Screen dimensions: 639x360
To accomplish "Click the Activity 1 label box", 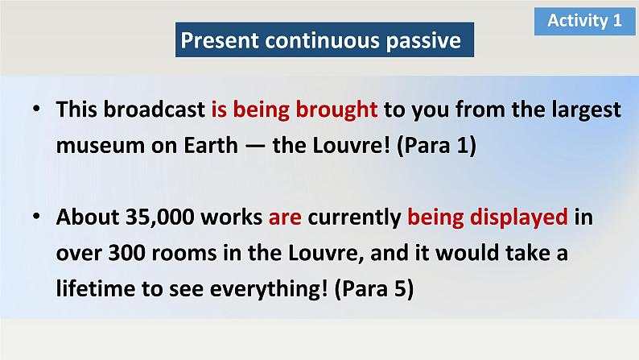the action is (x=584, y=21).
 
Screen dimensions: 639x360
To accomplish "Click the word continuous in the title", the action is (x=323, y=40).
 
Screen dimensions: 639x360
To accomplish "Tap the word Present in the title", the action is (x=220, y=40).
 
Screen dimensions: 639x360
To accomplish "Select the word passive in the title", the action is (x=423, y=41).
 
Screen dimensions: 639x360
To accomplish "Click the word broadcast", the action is (x=154, y=110).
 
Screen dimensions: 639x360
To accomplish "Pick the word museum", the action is (x=101, y=146).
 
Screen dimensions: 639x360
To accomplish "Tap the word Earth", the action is (x=211, y=145).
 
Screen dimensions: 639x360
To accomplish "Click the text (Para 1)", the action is (x=436, y=146).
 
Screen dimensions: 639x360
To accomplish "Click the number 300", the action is (x=126, y=253).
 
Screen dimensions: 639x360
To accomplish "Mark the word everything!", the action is (x=269, y=289).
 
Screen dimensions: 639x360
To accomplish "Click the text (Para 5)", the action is (x=374, y=289).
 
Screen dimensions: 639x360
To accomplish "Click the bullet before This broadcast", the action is (x=37, y=109).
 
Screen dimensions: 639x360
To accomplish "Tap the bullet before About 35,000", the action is (x=37, y=216).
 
